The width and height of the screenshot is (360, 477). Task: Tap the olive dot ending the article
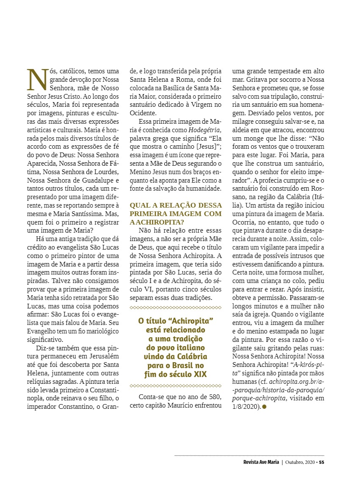[264, 407]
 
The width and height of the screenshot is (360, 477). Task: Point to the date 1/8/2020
[245, 407]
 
